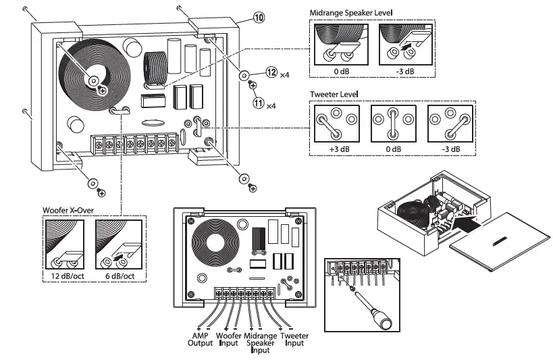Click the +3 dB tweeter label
tap(333, 149)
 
